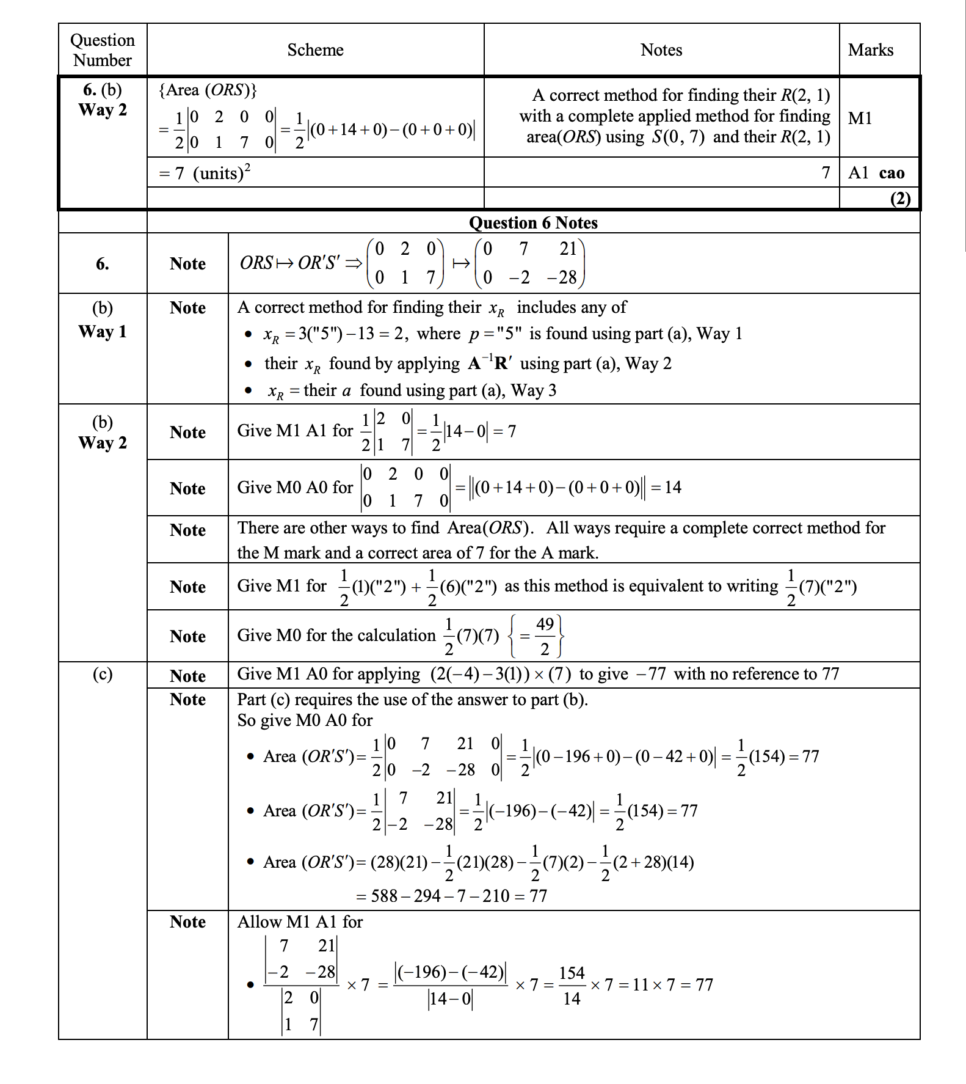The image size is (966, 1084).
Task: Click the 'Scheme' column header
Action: [315, 50]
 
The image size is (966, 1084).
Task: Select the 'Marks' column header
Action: [870, 50]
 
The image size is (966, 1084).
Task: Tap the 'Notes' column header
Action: [661, 50]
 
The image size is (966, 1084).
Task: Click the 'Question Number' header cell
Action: [103, 50]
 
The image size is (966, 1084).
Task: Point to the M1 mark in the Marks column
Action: [860, 118]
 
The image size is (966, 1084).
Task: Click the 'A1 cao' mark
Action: [876, 173]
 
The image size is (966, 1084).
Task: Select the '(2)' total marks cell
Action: [900, 199]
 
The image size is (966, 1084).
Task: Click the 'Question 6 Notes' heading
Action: [533, 222]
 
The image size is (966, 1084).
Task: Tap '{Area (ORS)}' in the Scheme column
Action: [208, 90]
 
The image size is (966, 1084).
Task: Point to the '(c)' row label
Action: [103, 674]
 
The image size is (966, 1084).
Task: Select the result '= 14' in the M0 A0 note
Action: [666, 488]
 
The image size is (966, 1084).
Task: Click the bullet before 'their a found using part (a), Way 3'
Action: [248, 390]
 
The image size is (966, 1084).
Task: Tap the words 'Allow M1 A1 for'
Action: [300, 922]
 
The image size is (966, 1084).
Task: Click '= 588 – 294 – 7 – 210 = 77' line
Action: [451, 896]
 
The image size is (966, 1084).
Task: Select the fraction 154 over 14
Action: [572, 986]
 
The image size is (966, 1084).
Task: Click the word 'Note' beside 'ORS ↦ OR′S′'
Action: [187, 264]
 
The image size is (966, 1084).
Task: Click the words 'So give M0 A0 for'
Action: [305, 720]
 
